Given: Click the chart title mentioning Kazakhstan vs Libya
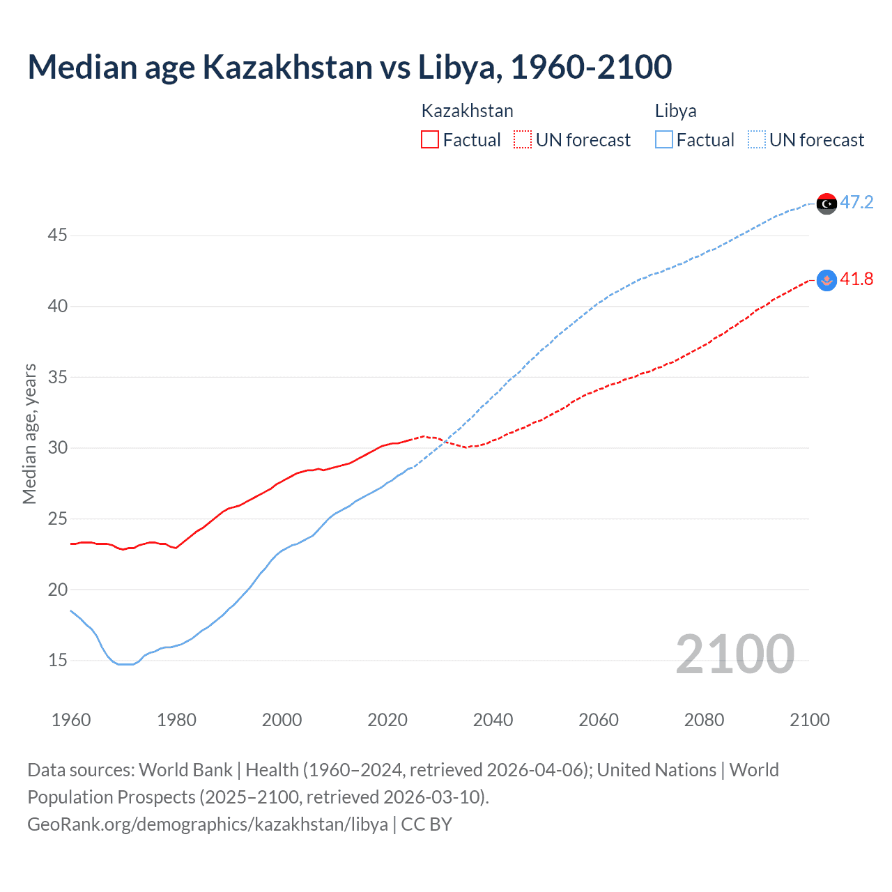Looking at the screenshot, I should (349, 67).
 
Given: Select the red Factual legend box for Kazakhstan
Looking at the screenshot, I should (430, 139).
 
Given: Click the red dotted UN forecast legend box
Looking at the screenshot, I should (523, 139).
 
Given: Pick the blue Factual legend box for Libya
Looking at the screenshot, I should (664, 139).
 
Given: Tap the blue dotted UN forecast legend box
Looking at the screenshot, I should (756, 139).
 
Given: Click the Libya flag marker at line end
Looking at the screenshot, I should (826, 203).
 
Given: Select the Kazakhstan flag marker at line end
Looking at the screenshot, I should (826, 280).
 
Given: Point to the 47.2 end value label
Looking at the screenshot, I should (856, 203).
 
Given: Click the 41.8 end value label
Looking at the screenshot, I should (856, 279).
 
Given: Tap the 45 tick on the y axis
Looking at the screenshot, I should (57, 236).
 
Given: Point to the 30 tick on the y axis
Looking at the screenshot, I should (57, 448).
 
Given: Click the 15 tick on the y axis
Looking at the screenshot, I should (57, 661).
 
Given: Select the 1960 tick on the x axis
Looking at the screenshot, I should (71, 720).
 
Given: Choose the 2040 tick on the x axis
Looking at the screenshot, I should (493, 720).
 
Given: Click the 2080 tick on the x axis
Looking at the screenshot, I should (704, 720).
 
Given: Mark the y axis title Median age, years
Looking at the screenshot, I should (29, 433).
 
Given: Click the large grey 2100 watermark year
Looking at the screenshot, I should (735, 654).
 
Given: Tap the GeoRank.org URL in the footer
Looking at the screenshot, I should (208, 824).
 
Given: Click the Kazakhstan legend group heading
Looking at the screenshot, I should (467, 111).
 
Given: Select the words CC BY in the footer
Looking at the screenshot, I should (426, 824).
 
